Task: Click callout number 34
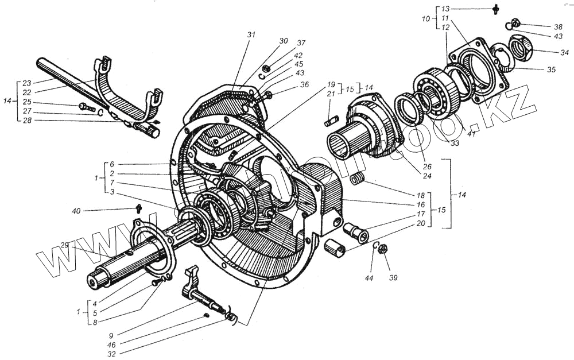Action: tap(557, 52)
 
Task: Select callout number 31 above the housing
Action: tap(250, 35)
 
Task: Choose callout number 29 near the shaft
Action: tap(64, 246)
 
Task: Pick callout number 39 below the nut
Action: tap(393, 277)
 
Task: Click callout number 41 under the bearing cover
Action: tap(471, 133)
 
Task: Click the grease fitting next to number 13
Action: tap(495, 9)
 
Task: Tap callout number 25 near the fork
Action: tap(27, 102)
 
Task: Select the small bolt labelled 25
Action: tap(86, 106)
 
